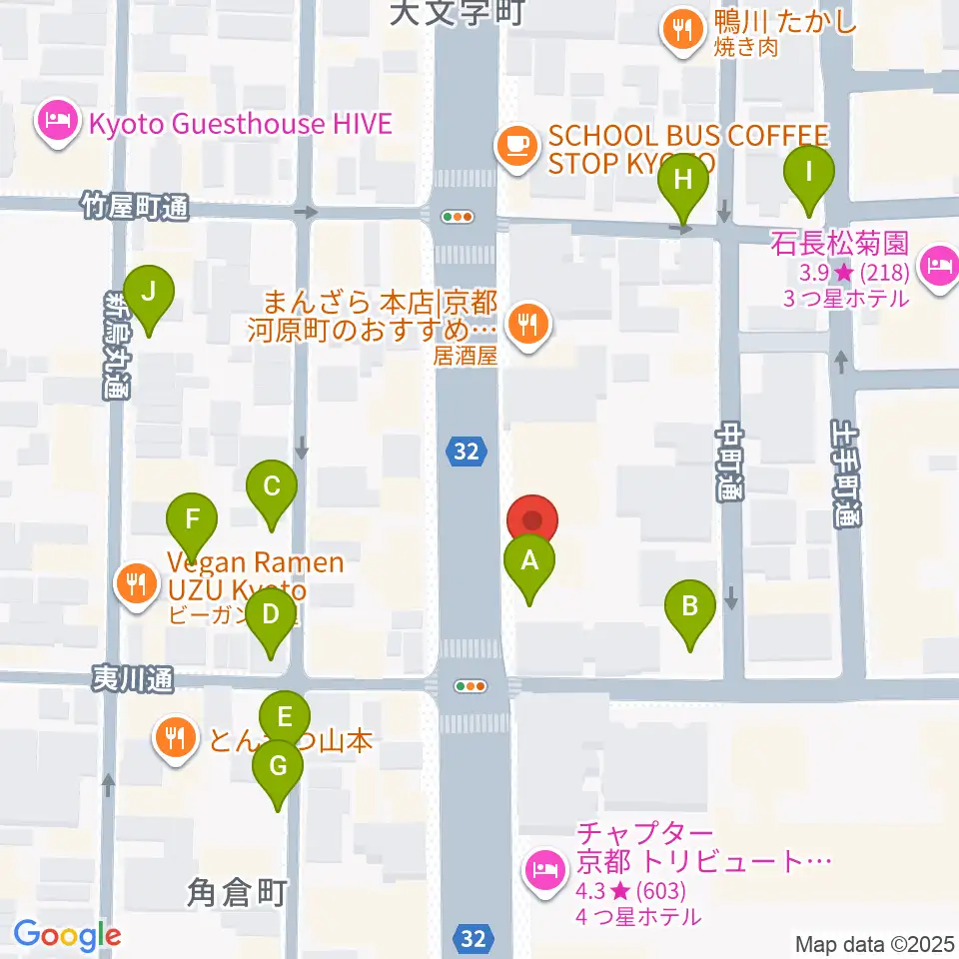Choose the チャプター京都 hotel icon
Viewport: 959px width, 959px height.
[544, 867]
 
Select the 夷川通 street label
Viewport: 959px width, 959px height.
[132, 679]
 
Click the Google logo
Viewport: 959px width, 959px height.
[67, 935]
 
